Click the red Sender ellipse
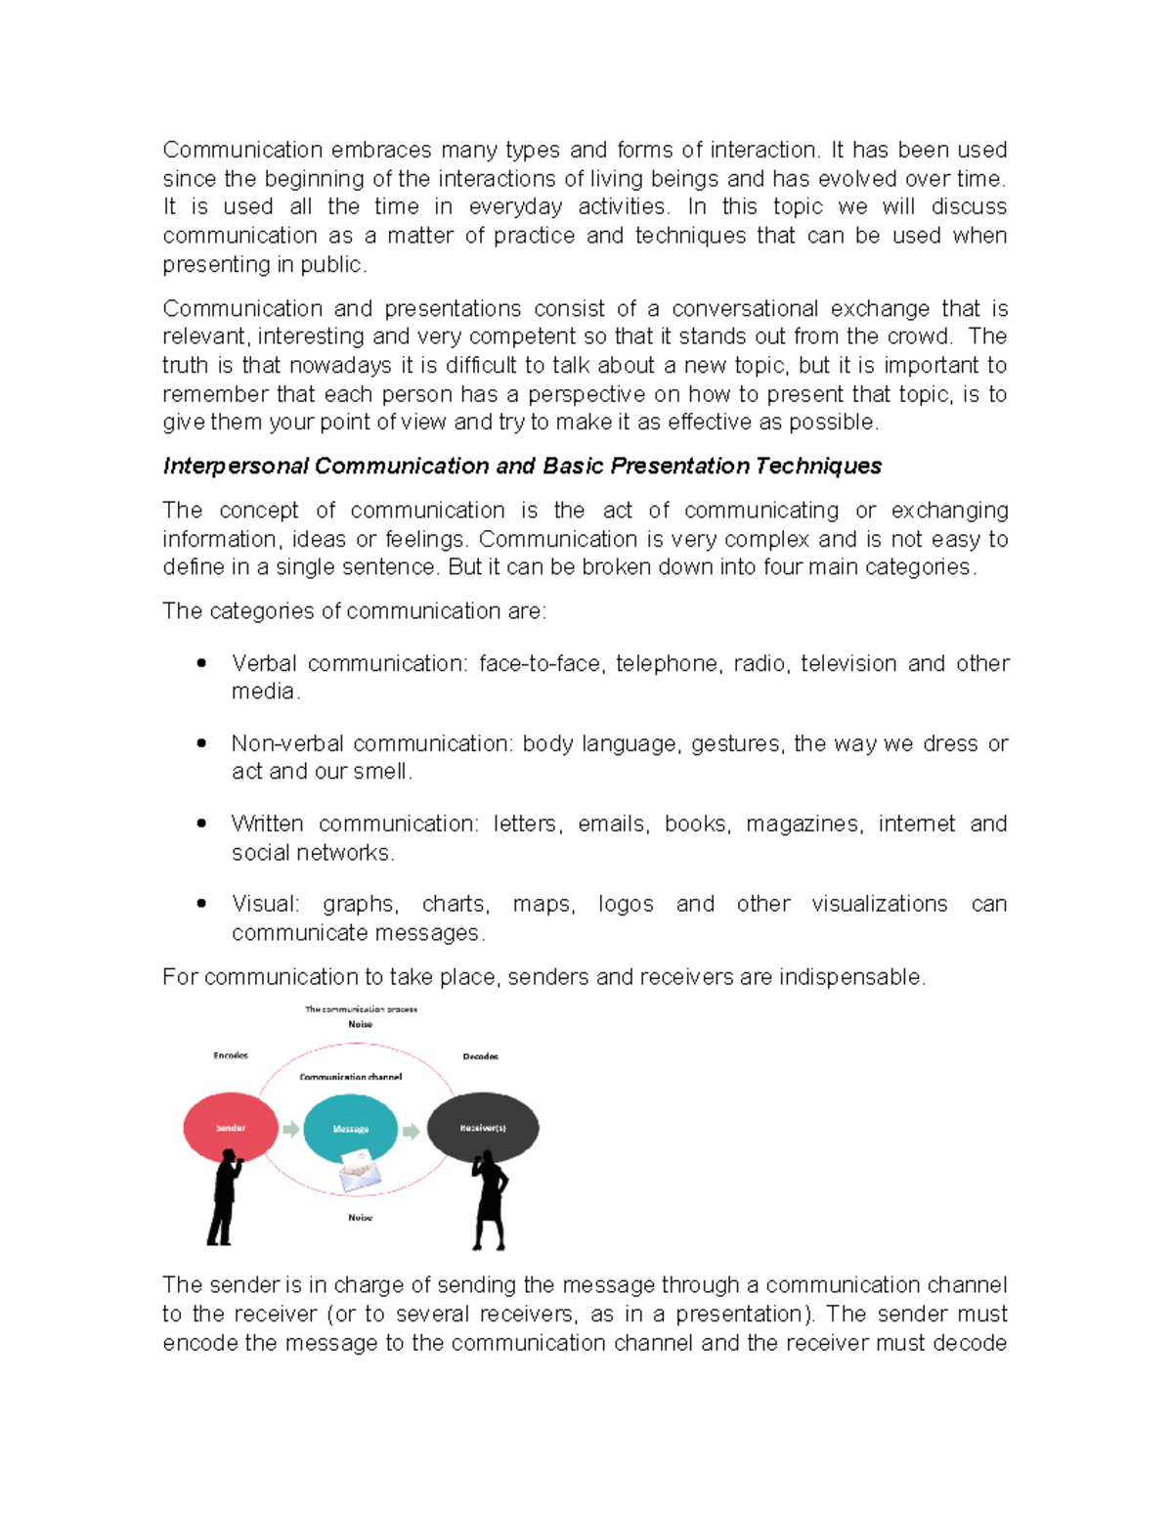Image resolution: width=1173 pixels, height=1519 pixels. pyautogui.click(x=231, y=1128)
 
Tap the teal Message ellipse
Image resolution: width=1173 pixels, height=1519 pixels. pyautogui.click(x=350, y=1128)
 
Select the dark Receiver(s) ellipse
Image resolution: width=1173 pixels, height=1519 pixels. pyautogui.click(x=483, y=1128)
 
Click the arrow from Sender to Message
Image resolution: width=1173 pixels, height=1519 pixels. pyautogui.click(x=290, y=1130)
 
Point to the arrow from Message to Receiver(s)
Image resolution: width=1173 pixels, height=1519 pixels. pyautogui.click(x=412, y=1132)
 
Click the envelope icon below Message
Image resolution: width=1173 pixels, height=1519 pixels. pyautogui.click(x=359, y=1171)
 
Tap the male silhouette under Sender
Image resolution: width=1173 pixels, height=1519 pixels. pyautogui.click(x=225, y=1198)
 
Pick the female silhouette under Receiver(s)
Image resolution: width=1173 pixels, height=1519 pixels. pyautogui.click(x=489, y=1201)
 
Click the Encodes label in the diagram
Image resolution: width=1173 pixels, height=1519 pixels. pyautogui.click(x=231, y=1055)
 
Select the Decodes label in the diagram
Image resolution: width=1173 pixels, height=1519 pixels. pyautogui.click(x=480, y=1056)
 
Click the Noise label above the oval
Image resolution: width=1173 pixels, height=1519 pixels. pyautogui.click(x=360, y=1024)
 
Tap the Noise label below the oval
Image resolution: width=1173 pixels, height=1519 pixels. pyautogui.click(x=360, y=1218)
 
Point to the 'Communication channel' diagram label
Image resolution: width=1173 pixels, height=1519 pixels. pyautogui.click(x=350, y=1077)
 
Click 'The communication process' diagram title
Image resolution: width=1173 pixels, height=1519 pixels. pyautogui.click(x=361, y=1009)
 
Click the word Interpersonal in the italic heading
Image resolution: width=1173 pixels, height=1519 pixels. pyautogui.click(x=236, y=467)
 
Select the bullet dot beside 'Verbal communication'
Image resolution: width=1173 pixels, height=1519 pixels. pyautogui.click(x=201, y=663)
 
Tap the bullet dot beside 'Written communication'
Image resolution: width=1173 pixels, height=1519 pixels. pyautogui.click(x=201, y=824)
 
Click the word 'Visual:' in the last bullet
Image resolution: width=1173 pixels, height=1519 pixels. pyautogui.click(x=265, y=905)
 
